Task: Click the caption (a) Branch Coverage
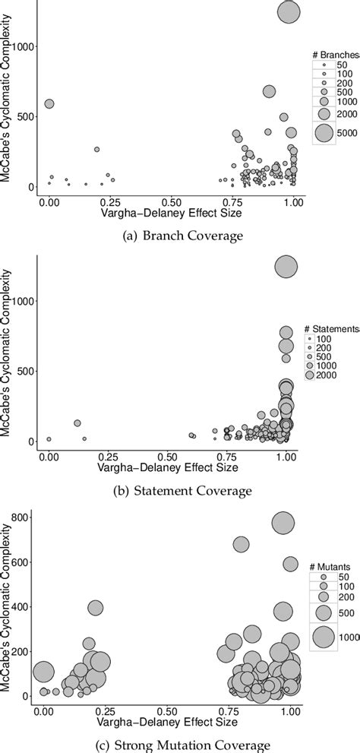tap(180, 236)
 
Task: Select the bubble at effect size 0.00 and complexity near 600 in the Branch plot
tap(49, 103)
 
